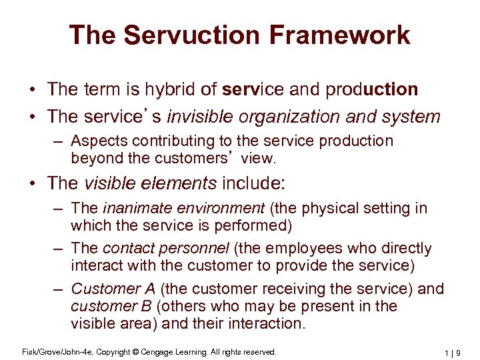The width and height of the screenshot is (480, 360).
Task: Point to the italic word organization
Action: coord(288,117)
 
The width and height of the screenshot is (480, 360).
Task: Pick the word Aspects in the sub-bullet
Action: coord(96,141)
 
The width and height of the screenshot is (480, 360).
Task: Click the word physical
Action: coord(328,209)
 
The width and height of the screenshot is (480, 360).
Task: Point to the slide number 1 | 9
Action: coord(457,352)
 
